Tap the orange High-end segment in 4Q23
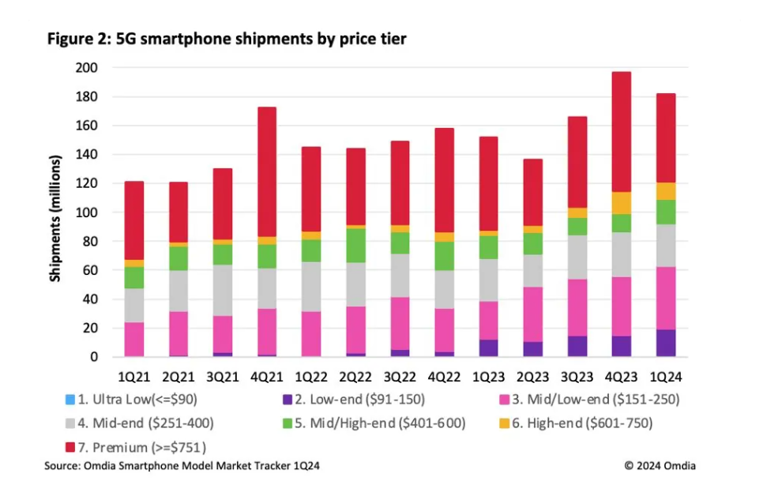[x=622, y=203]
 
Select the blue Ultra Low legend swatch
[x=73, y=401]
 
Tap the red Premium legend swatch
[x=73, y=448]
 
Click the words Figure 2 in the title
[x=76, y=38]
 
